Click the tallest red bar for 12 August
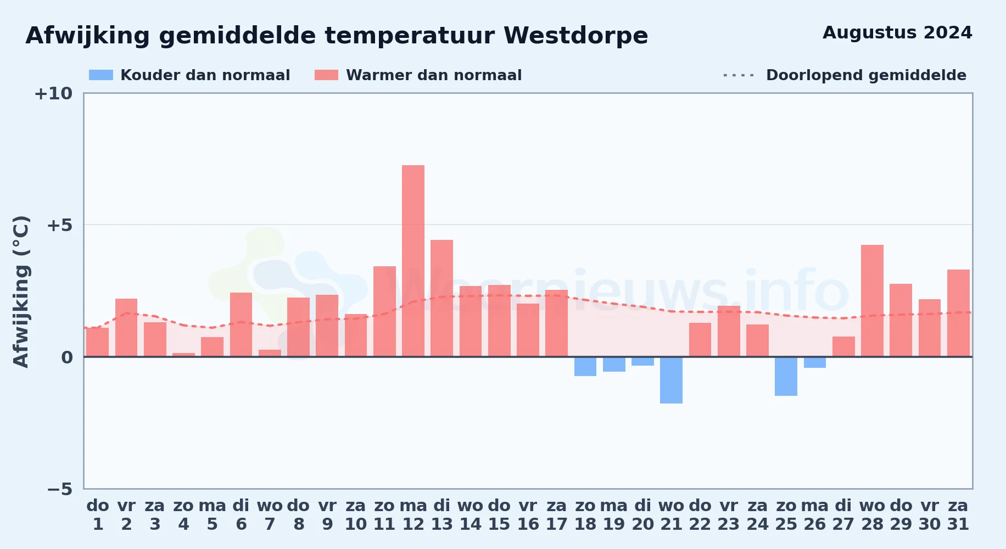pos(413,261)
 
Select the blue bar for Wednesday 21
pos(671,380)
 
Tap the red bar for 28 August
pos(872,301)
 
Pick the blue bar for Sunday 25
pos(786,376)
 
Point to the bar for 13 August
pos(441,298)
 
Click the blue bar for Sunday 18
pos(585,366)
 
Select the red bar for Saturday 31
pos(958,313)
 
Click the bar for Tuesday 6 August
pos(241,324)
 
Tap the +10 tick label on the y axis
pos(53,93)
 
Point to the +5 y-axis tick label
pos(59,225)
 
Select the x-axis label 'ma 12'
pos(413,514)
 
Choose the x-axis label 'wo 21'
pos(671,514)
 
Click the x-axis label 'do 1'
pos(98,514)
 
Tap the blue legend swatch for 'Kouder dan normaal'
pos(101,75)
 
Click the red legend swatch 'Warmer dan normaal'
pos(327,75)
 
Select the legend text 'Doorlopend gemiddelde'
pos(866,75)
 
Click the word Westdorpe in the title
pos(576,36)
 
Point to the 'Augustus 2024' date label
pos(897,33)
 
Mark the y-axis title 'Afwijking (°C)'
pos(21,292)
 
